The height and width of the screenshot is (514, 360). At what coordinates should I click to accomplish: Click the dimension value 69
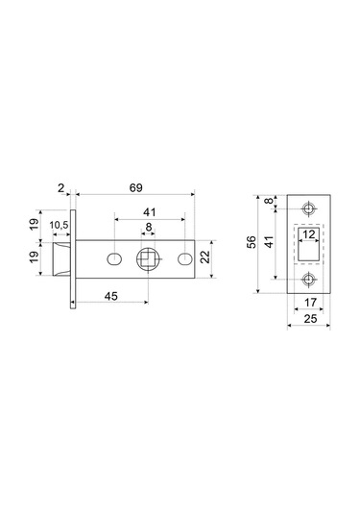click(136, 188)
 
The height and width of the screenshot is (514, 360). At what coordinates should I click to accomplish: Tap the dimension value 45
click(111, 296)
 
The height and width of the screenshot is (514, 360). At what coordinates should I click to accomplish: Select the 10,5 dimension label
click(59, 225)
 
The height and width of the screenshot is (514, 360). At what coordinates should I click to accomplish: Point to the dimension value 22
click(205, 257)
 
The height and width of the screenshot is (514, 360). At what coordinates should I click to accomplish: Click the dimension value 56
click(252, 242)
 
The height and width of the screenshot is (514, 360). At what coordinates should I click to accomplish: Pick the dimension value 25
click(310, 318)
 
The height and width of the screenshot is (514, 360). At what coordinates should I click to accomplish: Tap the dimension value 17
click(310, 303)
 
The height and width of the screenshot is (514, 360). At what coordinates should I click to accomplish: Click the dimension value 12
click(309, 234)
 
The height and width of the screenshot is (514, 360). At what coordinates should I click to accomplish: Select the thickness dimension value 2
click(61, 188)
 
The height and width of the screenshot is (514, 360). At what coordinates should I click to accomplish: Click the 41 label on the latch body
click(150, 212)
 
